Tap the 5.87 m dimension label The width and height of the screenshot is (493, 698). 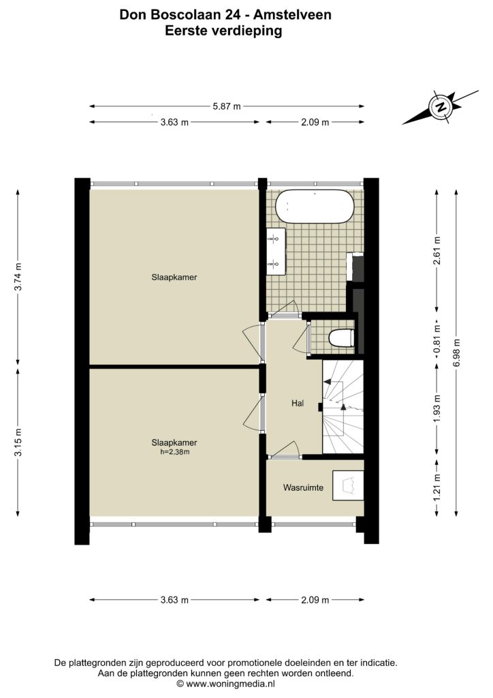coord(227,106)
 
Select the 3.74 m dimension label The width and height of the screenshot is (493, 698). coord(18,277)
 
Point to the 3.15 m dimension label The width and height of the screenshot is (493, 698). coord(18,442)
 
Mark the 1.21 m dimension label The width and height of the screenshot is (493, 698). coord(437,487)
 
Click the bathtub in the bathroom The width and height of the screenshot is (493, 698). coord(315,207)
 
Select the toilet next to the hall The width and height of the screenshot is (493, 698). coord(341,337)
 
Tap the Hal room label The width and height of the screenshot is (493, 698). coord(298,404)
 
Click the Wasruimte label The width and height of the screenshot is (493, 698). coord(303,487)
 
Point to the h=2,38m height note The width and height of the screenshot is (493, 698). coord(175,453)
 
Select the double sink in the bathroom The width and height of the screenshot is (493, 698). coord(276,252)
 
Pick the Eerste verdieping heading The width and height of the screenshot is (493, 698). coord(223,31)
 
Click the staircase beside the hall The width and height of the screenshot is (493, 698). coord(343,406)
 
